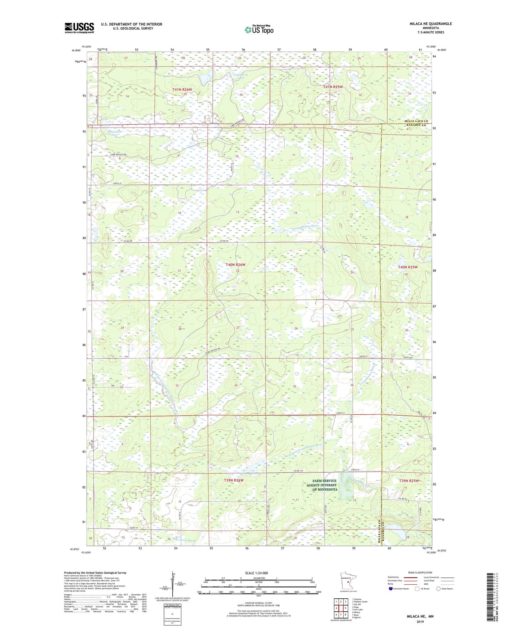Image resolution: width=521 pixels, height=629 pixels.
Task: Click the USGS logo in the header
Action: pos(79,27)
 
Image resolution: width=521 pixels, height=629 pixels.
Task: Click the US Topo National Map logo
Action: pos(259,30)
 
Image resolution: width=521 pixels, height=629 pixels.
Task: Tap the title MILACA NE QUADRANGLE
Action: pos(431,24)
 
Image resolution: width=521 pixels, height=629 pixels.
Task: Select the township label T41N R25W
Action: pos(332,87)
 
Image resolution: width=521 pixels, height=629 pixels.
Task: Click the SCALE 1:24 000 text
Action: pos(256,573)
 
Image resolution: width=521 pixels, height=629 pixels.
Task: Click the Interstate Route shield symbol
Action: pos(391,589)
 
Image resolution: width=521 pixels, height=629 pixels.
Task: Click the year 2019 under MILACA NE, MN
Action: pos(420,622)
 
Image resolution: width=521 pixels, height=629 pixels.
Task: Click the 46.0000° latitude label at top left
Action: pos(76,51)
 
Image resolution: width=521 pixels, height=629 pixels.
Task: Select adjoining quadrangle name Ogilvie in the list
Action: pos(357,617)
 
